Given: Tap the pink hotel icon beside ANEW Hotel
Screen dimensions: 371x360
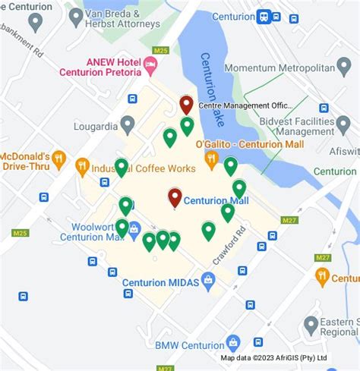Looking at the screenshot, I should pos(151,67).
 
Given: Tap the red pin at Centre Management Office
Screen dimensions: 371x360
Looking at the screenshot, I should pos(186,104).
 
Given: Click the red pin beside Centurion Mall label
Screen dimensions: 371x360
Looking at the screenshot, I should pos(175,197).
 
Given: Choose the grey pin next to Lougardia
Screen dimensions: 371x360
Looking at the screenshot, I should pos(128,124).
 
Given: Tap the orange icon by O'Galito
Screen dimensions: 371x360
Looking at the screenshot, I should pos(211,159).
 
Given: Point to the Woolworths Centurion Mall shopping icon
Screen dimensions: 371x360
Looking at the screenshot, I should pos(134,228).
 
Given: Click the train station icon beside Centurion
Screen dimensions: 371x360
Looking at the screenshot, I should pos(264,16).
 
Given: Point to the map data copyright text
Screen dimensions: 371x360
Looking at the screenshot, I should pos(273,357).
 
